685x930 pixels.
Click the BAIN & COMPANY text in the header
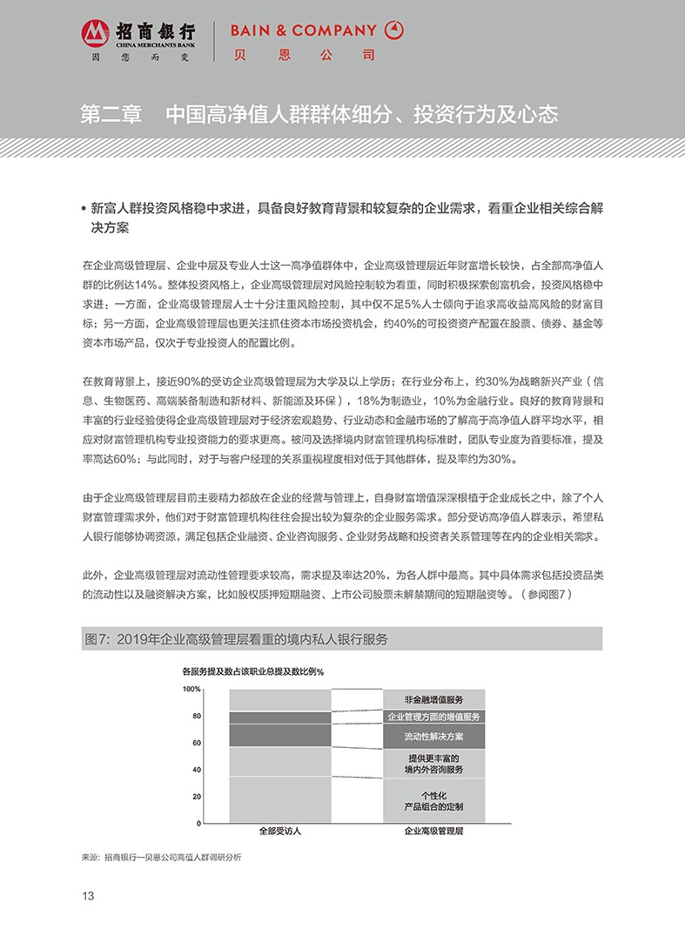[x=303, y=30]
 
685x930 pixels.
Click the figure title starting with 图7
[x=236, y=639]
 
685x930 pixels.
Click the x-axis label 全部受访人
[x=279, y=832]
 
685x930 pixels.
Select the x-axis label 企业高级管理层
[x=433, y=832]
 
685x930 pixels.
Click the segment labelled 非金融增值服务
[x=433, y=699]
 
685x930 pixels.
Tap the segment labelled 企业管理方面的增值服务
[x=433, y=717]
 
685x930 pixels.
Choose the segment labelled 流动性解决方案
[x=433, y=737]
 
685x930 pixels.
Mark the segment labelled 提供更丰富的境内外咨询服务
[x=433, y=764]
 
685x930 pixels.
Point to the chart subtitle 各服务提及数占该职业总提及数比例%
[x=252, y=671]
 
